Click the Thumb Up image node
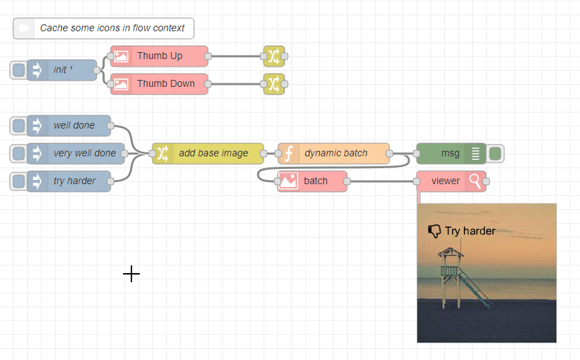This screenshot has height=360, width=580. [159, 56]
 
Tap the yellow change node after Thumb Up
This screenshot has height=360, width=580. [273, 56]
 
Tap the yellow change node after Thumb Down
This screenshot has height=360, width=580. [273, 83]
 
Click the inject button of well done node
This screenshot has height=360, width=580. [19, 126]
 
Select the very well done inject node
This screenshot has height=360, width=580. [83, 153]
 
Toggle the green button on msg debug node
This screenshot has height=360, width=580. [495, 153]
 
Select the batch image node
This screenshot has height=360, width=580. [313, 181]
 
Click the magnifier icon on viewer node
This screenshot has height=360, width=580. [475, 181]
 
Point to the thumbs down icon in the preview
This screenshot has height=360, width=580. [435, 231]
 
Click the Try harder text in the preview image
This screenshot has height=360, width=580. [470, 231]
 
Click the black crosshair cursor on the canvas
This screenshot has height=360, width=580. [131, 274]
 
